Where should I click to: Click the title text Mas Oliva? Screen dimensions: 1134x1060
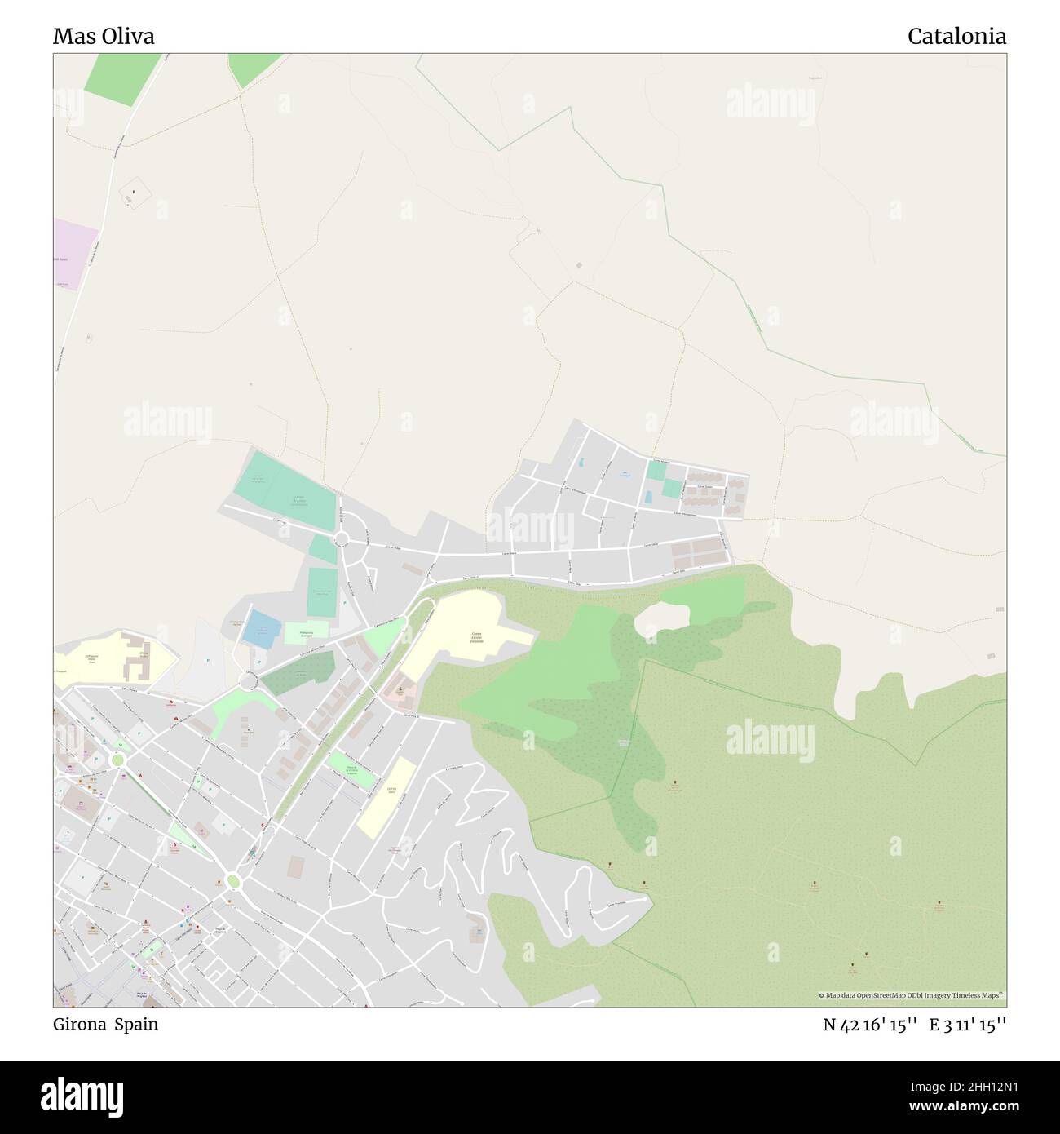pyautogui.click(x=104, y=37)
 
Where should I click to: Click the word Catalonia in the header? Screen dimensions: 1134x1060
pyautogui.click(x=956, y=37)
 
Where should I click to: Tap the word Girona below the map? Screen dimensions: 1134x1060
pyautogui.click(x=78, y=1025)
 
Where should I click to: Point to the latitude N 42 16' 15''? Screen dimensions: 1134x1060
pyautogui.click(x=872, y=1025)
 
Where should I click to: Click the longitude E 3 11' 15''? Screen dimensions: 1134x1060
pyautogui.click(x=968, y=1025)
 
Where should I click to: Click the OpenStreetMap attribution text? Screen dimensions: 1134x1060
pyautogui.click(x=912, y=995)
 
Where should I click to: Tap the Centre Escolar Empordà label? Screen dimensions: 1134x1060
pyautogui.click(x=476, y=637)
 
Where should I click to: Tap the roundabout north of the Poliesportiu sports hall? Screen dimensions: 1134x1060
pyautogui.click(x=341, y=538)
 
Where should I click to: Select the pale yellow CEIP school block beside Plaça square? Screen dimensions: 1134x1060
pyautogui.click(x=384, y=796)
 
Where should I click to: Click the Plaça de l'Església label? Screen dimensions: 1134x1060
pyautogui.click(x=220, y=932)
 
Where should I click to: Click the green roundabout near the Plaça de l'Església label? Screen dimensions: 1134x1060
pyautogui.click(x=233, y=880)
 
